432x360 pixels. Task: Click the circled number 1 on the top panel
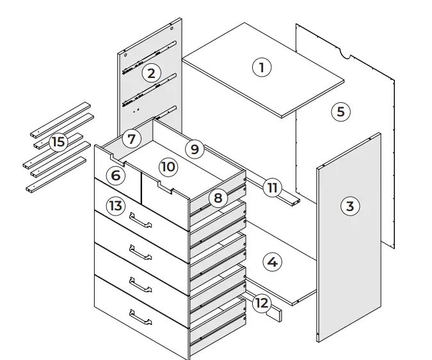[x=261, y=67]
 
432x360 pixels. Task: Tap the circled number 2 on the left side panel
[x=151, y=73]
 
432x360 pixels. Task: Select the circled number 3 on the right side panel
[x=349, y=206]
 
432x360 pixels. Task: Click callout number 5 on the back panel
[x=340, y=112]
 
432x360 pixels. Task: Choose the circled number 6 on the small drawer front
[x=115, y=175]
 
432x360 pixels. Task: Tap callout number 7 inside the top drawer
[x=131, y=138]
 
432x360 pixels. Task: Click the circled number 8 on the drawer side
[x=218, y=198]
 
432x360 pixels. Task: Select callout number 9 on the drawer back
[x=195, y=150]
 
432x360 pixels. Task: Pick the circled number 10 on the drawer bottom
[x=168, y=167]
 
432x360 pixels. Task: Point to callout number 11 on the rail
[x=272, y=187]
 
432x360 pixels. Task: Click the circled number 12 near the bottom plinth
[x=260, y=302]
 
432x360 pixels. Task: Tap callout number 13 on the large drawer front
[x=115, y=206]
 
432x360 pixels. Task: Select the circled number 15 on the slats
[x=58, y=141]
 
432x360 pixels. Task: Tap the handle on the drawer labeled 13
[x=140, y=221]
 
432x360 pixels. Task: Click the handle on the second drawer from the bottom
[x=140, y=285]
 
